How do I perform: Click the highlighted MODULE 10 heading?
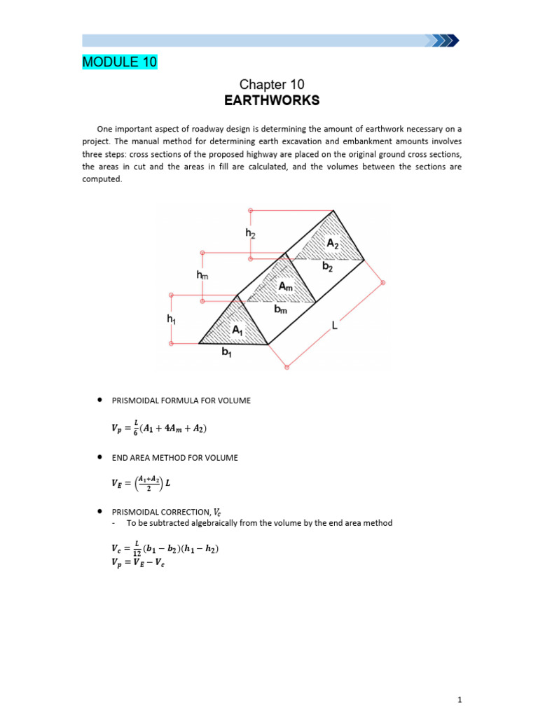120,62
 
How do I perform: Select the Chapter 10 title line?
271,84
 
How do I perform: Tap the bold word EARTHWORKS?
271,100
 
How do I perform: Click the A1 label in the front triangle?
237,329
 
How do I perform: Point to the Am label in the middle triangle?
286,287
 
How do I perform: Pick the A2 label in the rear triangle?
333,243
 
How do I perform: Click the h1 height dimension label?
171,319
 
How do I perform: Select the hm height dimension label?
202,277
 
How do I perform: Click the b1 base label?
226,352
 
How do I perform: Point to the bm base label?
280,309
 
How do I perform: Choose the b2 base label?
327,267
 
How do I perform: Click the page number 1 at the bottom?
460,699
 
